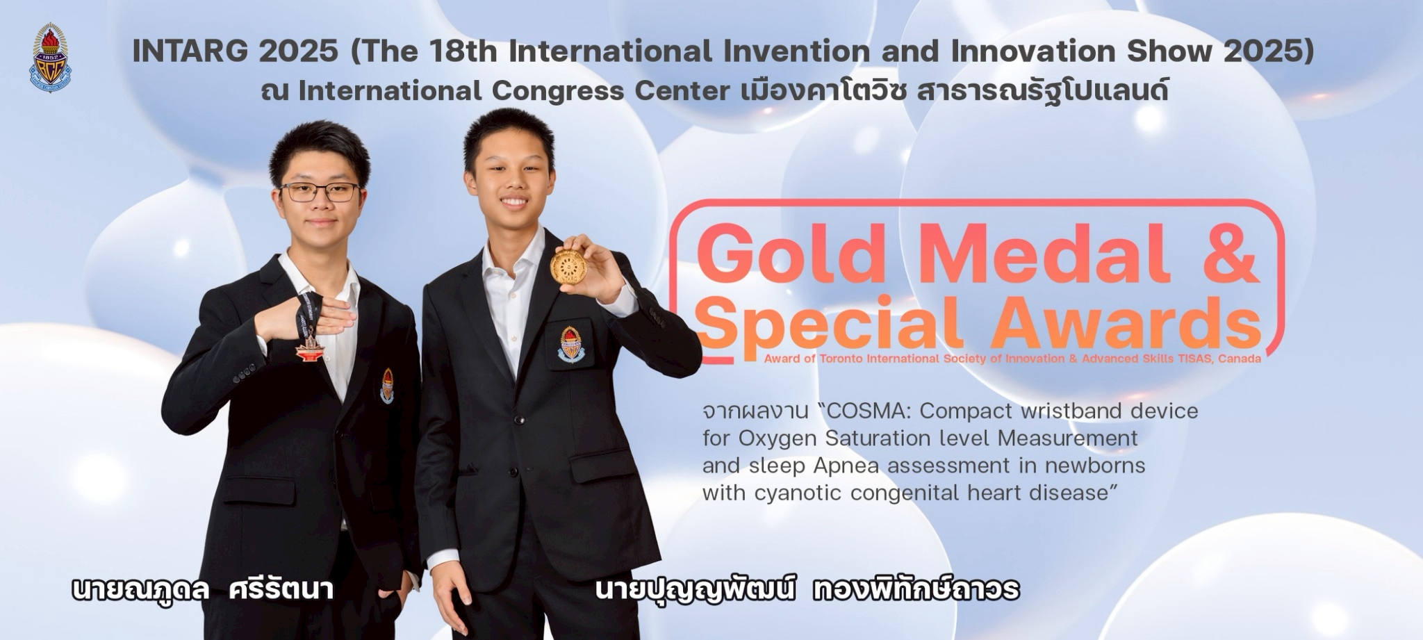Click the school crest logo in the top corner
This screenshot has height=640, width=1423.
pos(49,58)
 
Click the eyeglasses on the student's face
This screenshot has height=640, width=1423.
pos(320,192)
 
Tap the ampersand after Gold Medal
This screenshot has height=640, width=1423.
pos(1228,254)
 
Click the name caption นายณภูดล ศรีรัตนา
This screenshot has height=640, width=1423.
pos(203,590)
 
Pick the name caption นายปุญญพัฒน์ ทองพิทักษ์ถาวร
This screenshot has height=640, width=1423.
pos(807,589)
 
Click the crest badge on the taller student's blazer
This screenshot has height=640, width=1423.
pos(570,343)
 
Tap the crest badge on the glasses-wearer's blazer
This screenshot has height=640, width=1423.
pos(387,386)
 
